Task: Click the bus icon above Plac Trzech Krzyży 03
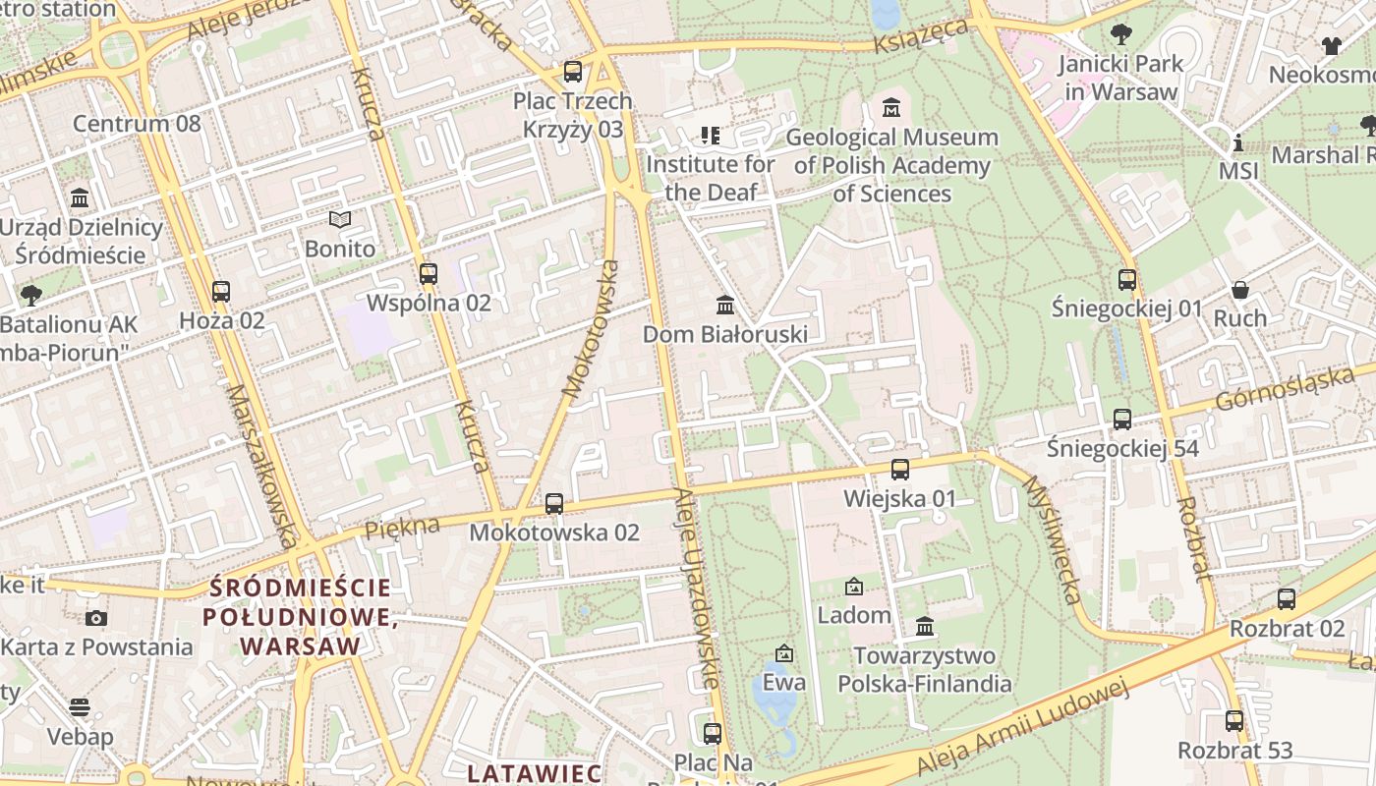572,72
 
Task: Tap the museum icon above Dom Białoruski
725,305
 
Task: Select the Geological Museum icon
891,107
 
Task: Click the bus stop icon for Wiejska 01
899,470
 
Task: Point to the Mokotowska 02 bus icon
554,504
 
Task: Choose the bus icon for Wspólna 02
428,274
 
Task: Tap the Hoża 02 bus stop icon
221,292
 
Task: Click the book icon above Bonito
340,220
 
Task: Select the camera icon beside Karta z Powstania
95,618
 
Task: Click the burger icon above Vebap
80,707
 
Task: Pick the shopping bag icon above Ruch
1240,290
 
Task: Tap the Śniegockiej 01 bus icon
1126,279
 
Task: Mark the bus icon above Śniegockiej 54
1122,420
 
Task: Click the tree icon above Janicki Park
1119,35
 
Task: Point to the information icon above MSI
1237,142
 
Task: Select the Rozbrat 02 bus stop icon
1286,599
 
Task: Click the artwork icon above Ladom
854,587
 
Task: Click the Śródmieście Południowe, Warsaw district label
300,617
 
